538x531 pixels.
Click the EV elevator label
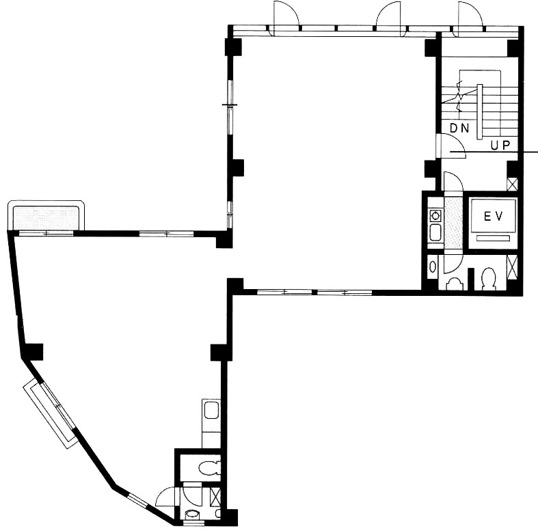click(x=493, y=217)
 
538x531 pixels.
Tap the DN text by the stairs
click(x=459, y=128)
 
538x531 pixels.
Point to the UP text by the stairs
click(x=500, y=146)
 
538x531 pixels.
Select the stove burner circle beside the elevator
click(x=435, y=216)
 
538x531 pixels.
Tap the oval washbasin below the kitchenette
click(x=433, y=267)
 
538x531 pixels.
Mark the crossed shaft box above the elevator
click(x=512, y=185)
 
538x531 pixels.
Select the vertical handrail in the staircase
click(x=479, y=111)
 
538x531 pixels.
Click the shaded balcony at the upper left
click(x=46, y=217)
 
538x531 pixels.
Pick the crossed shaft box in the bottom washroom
click(x=215, y=497)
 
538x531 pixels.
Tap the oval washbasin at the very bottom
click(x=192, y=514)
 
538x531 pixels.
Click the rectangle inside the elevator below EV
click(x=493, y=239)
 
